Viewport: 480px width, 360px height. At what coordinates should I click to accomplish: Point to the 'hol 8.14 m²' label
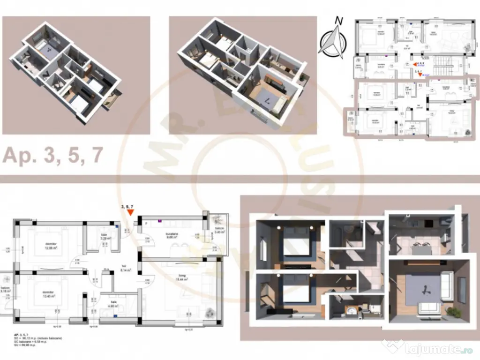point(125,269)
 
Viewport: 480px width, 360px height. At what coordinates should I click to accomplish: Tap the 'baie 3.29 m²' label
point(105,237)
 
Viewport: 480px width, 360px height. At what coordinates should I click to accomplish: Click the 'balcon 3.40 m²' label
point(220,230)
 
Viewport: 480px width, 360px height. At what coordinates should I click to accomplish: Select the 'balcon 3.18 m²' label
point(5,290)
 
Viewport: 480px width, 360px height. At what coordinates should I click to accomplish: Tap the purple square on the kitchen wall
point(160,218)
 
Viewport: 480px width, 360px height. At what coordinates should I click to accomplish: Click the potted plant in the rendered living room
point(452,310)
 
